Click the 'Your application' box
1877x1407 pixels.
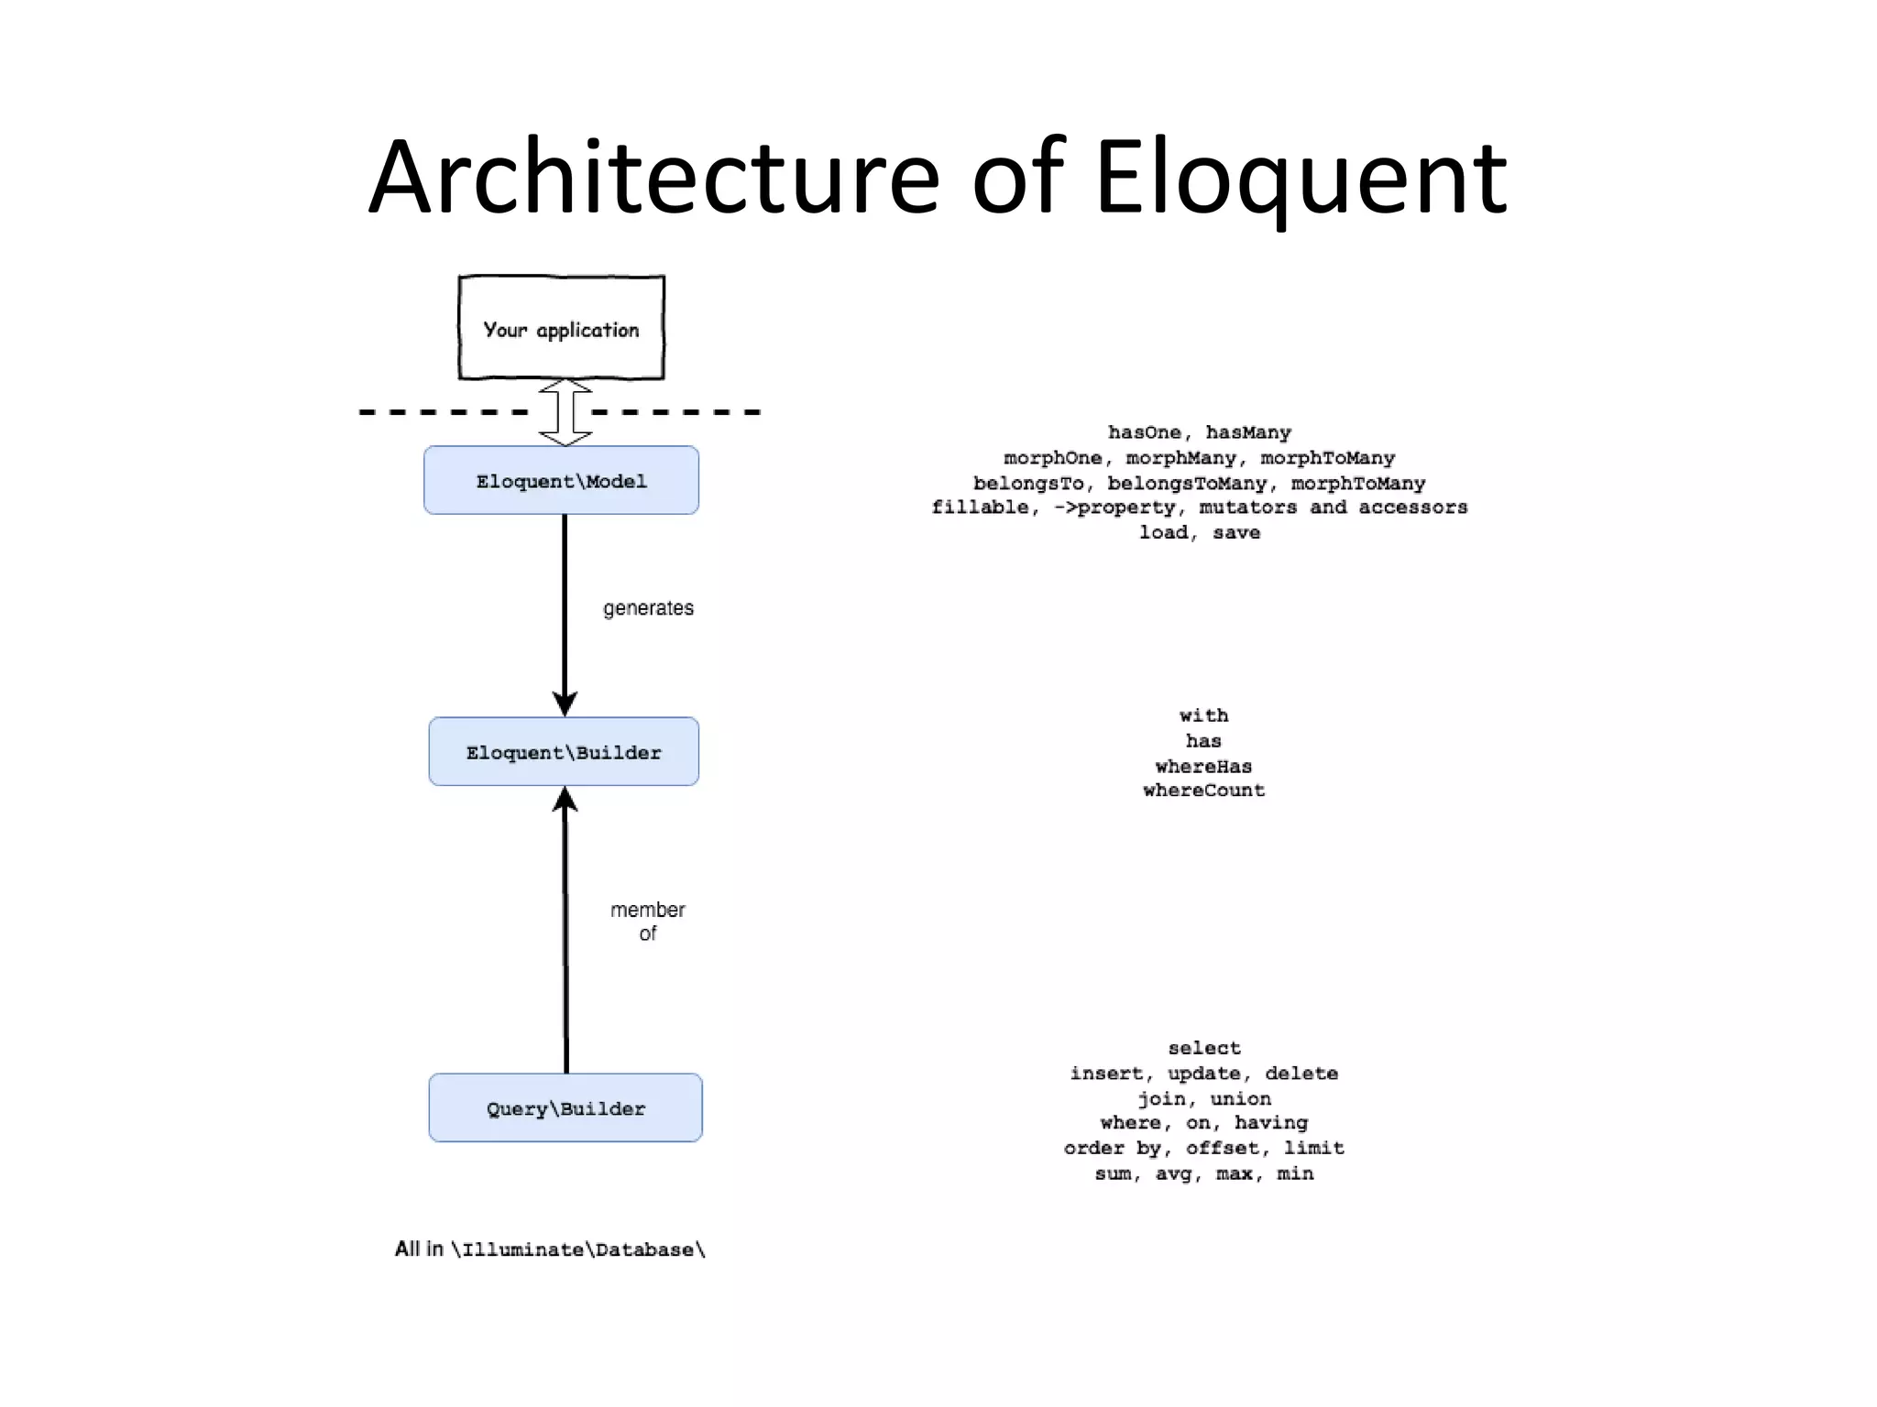[x=561, y=328]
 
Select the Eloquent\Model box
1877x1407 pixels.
[x=561, y=481]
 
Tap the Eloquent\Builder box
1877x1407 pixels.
[x=564, y=752]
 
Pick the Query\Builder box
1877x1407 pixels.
[x=565, y=1108]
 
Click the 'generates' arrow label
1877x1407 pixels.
[x=648, y=608]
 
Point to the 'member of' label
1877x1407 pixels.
[x=648, y=922]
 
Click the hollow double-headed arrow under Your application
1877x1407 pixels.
[x=565, y=412]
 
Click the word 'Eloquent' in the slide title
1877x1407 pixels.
[x=1300, y=177]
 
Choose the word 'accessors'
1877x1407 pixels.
[x=1412, y=507]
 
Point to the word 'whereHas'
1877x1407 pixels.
[x=1203, y=766]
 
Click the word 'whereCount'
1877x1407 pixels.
[x=1203, y=791]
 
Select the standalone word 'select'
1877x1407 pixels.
[x=1204, y=1048]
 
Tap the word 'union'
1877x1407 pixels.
[x=1240, y=1098]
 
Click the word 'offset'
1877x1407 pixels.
[x=1222, y=1148]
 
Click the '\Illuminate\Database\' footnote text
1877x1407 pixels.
[x=577, y=1250]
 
